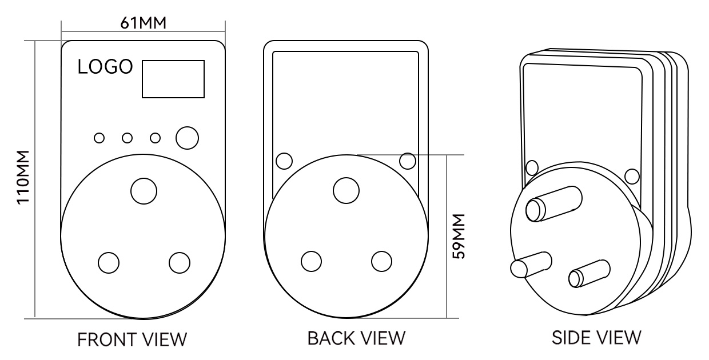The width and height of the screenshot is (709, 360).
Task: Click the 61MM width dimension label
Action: coord(143,23)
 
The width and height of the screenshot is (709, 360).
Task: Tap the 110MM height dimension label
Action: coord(23,178)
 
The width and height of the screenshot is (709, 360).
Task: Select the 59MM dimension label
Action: coord(459,237)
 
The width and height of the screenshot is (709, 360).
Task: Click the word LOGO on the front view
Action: coord(105,67)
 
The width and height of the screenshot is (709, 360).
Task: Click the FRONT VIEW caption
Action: coord(132,339)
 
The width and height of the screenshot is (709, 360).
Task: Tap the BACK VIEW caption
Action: coord(356,338)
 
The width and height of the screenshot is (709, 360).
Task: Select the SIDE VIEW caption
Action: coord(596,338)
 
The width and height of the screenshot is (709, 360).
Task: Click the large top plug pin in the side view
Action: coord(554,204)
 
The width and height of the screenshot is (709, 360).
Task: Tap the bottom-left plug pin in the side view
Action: coord(531,265)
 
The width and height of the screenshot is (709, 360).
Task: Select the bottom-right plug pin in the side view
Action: coord(589,274)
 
